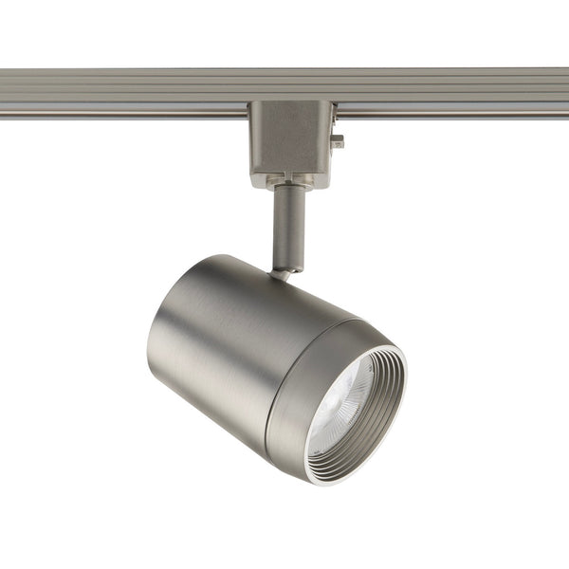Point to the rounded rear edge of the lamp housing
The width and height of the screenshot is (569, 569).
coord(156,351)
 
